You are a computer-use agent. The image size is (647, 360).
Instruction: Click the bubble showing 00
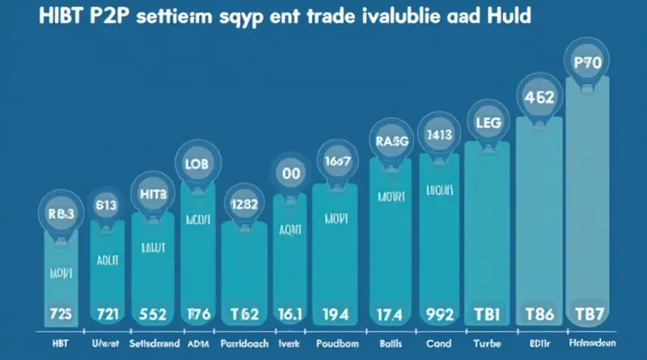290,172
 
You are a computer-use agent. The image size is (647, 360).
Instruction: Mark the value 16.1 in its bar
290,312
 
